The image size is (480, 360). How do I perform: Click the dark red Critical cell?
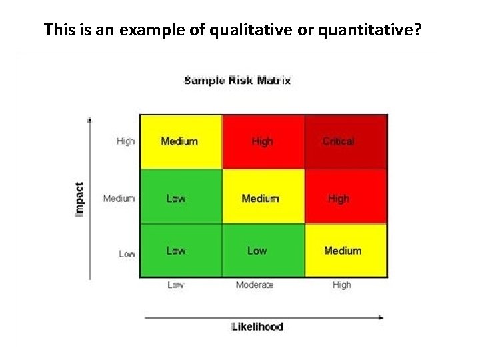coord(346,141)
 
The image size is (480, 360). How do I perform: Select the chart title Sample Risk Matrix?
coord(237,81)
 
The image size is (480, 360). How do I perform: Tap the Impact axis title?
coord(79,199)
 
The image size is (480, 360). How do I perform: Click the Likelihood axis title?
coord(257,327)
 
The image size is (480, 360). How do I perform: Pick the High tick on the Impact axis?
coord(125,141)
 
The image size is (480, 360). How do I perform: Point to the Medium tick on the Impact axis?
coord(119,198)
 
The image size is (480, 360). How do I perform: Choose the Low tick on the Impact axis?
coord(127,253)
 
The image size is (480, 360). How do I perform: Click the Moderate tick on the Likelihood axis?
coord(255,285)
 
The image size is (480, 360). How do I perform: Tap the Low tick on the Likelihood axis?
coord(175,285)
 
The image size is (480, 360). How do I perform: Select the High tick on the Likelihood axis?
coord(341,285)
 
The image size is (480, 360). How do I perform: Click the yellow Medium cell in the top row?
coord(180,141)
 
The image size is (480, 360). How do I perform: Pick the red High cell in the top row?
coord(263,141)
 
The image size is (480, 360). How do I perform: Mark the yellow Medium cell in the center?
coord(263,197)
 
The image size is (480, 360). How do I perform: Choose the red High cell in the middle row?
coord(346,197)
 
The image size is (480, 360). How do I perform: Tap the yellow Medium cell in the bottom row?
coord(346,251)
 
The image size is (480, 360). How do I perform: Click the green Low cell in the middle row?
coord(180,197)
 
